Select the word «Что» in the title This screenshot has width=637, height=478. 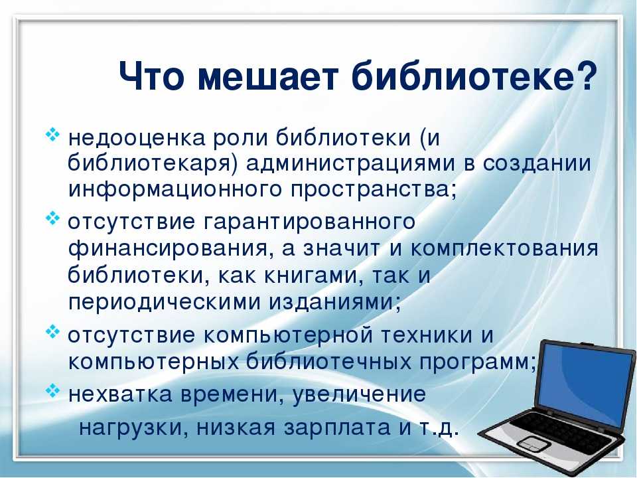(151, 76)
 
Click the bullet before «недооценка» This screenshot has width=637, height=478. (53, 135)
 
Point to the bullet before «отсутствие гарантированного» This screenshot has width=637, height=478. (53, 218)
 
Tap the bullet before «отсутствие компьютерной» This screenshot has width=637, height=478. (53, 331)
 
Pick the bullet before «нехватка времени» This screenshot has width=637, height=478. (53, 392)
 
